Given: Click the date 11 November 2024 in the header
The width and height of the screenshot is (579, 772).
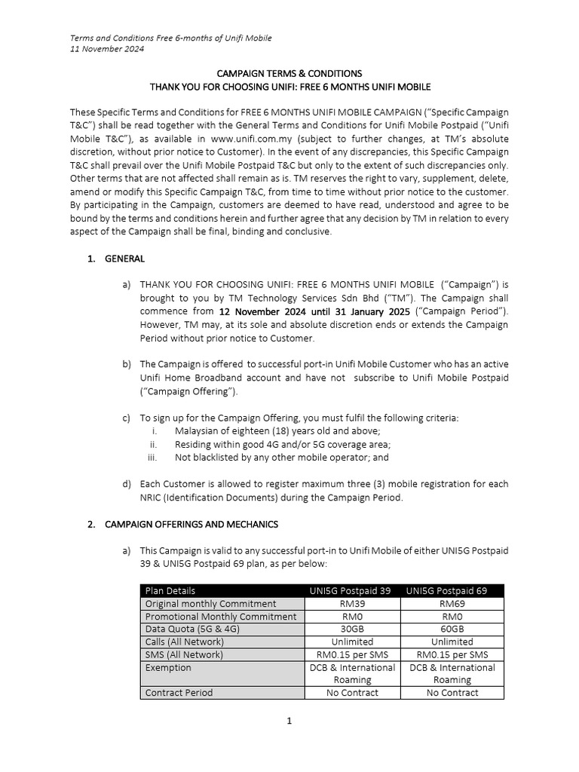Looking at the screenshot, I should [106, 49].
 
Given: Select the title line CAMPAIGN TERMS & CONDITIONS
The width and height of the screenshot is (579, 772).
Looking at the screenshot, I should [289, 74].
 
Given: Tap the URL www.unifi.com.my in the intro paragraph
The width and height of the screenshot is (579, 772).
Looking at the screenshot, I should [253, 139].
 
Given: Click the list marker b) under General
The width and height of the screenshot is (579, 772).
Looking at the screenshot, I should [126, 364].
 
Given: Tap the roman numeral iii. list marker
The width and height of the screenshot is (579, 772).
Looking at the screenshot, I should [152, 457].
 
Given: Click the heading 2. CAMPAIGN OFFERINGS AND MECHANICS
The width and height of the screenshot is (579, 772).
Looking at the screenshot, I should [182, 524].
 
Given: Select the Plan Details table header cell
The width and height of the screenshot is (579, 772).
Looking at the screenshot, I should [170, 591].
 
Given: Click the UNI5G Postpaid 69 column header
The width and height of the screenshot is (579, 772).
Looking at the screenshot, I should [452, 591].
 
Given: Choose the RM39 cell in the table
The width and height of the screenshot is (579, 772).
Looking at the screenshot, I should [352, 604].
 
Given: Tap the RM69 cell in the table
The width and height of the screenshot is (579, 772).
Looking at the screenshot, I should [452, 604].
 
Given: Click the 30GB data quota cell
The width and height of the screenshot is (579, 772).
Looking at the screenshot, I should [352, 629].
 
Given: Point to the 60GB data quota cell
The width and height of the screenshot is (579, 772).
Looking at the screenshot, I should [452, 629].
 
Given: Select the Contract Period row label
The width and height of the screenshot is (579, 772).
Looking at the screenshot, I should [179, 692].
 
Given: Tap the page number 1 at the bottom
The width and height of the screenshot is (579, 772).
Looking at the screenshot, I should [289, 721].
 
